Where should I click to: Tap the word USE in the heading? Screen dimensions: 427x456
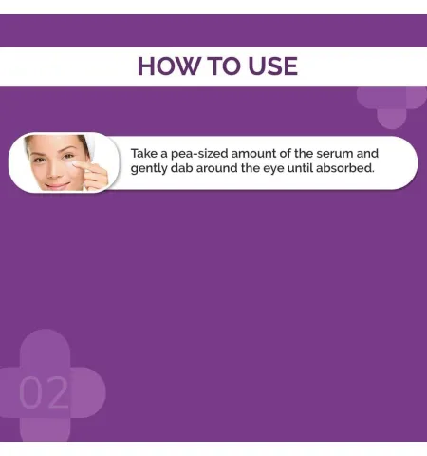(272, 66)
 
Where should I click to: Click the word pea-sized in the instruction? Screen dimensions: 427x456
(199, 154)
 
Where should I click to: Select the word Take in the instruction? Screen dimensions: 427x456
(144, 153)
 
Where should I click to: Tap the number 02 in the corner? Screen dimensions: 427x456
(44, 392)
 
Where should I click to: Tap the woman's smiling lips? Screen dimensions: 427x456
(58, 185)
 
